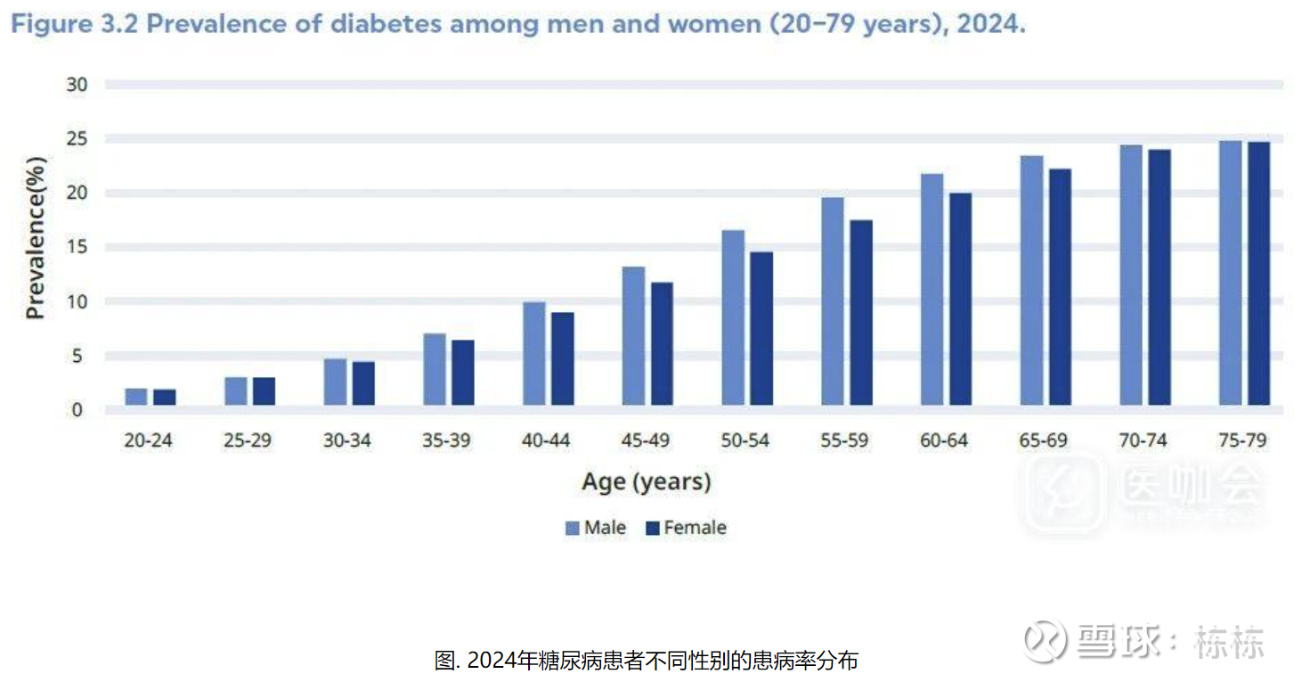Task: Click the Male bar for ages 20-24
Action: pyautogui.click(x=136, y=398)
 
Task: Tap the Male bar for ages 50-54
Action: pyautogui.click(x=733, y=318)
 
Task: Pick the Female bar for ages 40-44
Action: pyautogui.click(x=563, y=359)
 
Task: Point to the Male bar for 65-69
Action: pyautogui.click(x=1031, y=281)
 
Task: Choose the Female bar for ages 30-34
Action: pyautogui.click(x=363, y=383)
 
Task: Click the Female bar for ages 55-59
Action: pyautogui.click(x=861, y=313)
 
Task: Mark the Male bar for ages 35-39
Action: pyautogui.click(x=435, y=370)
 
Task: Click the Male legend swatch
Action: pyautogui.click(x=573, y=529)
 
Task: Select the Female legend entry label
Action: pyautogui.click(x=695, y=528)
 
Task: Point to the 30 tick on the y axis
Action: pyautogui.click(x=77, y=85)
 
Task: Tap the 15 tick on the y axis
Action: pyautogui.click(x=77, y=247)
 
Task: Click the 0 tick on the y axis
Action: pyautogui.click(x=77, y=410)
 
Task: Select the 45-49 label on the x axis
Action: pyautogui.click(x=646, y=440)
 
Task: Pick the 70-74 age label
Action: pyautogui.click(x=1143, y=440)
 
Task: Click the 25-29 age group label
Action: pyautogui.click(x=248, y=440)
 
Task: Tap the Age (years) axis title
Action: pyautogui.click(x=647, y=482)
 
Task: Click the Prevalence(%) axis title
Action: pyautogui.click(x=35, y=238)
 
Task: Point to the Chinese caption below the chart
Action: pyautogui.click(x=647, y=661)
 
